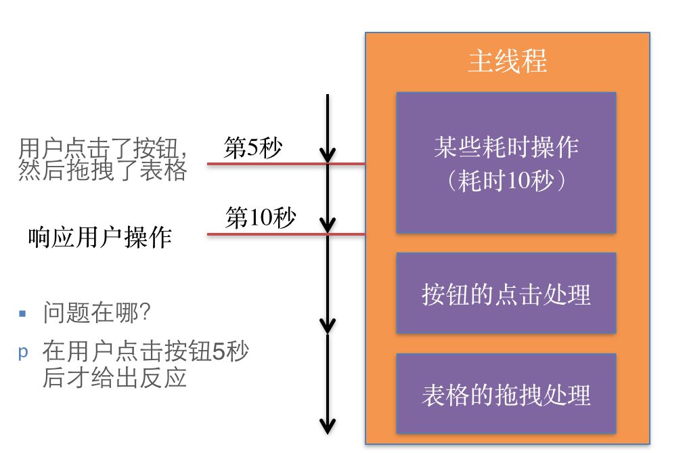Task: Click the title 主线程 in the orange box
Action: click(507, 62)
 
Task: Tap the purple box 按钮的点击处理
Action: click(506, 294)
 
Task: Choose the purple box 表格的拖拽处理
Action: click(506, 394)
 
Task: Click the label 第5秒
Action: click(252, 148)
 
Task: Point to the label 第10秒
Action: click(261, 218)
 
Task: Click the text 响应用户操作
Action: click(100, 237)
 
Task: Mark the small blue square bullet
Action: click(22, 314)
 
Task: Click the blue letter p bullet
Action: click(23, 352)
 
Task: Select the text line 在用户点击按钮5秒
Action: click(146, 352)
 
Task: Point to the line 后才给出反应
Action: click(114, 377)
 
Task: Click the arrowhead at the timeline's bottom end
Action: click(328, 427)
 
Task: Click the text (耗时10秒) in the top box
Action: click(506, 181)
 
